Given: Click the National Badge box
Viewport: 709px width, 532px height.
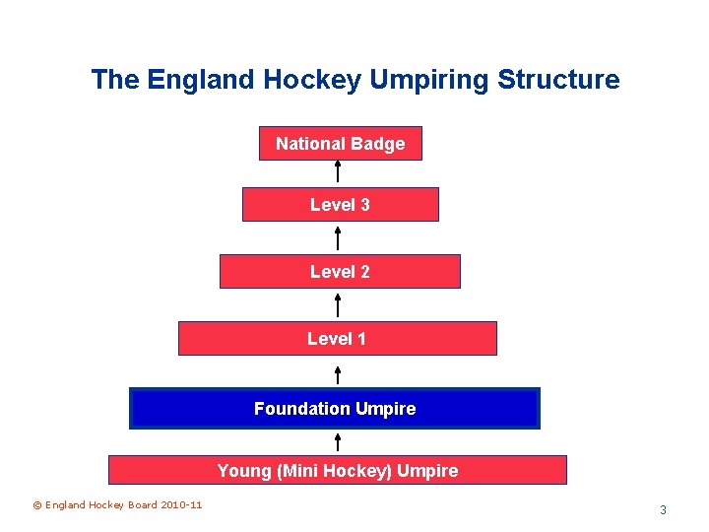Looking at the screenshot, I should [x=340, y=144].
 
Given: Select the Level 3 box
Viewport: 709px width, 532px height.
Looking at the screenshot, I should [x=340, y=205].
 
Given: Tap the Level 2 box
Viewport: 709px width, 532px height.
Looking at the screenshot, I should [x=340, y=272].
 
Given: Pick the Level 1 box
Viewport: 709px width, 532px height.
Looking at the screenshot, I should [x=337, y=339].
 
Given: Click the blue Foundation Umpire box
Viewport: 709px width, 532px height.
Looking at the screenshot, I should [x=335, y=409].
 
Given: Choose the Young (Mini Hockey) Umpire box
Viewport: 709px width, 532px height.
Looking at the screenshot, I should [x=337, y=471].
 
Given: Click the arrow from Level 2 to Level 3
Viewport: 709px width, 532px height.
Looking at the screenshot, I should [x=338, y=238].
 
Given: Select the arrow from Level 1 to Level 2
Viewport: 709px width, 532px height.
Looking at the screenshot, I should [x=338, y=304].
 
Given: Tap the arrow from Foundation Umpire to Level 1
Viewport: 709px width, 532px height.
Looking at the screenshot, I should [x=338, y=374].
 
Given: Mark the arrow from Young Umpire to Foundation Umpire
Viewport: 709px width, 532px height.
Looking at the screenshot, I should [x=338, y=441].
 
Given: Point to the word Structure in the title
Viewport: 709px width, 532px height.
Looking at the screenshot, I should [x=558, y=80].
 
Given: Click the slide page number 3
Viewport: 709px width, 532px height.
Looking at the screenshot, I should [x=663, y=510].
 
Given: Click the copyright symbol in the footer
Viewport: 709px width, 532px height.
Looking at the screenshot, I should [x=37, y=505].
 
